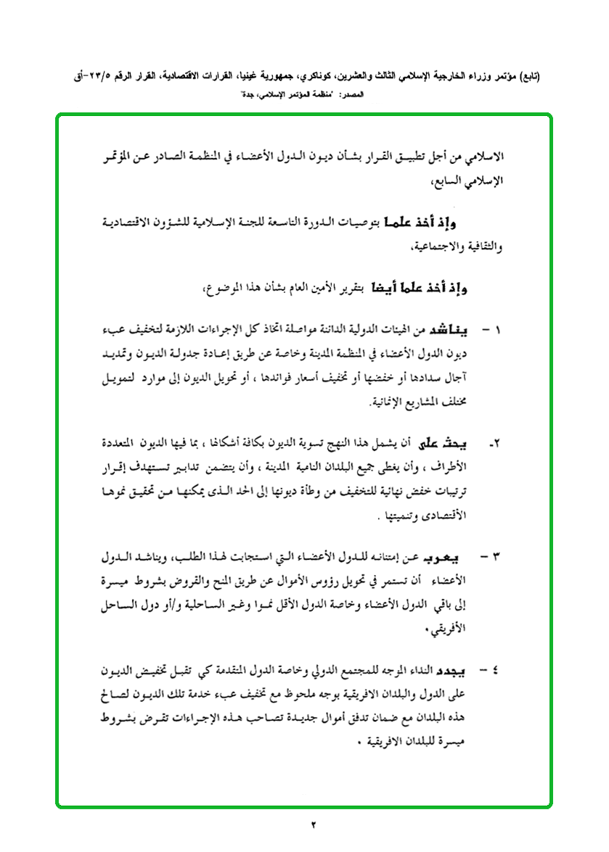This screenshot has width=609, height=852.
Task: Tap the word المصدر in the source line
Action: point(375,94)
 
